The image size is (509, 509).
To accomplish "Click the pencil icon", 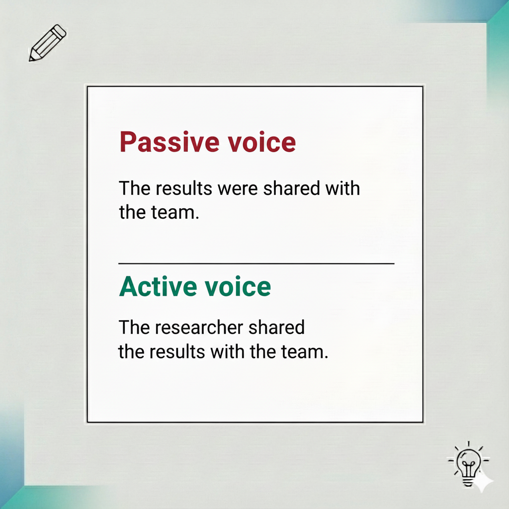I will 48,43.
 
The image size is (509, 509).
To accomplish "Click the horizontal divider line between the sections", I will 256,263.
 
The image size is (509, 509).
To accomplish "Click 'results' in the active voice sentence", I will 181,352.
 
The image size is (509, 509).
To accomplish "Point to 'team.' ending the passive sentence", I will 174,213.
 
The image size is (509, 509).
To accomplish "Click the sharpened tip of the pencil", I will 32,58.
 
